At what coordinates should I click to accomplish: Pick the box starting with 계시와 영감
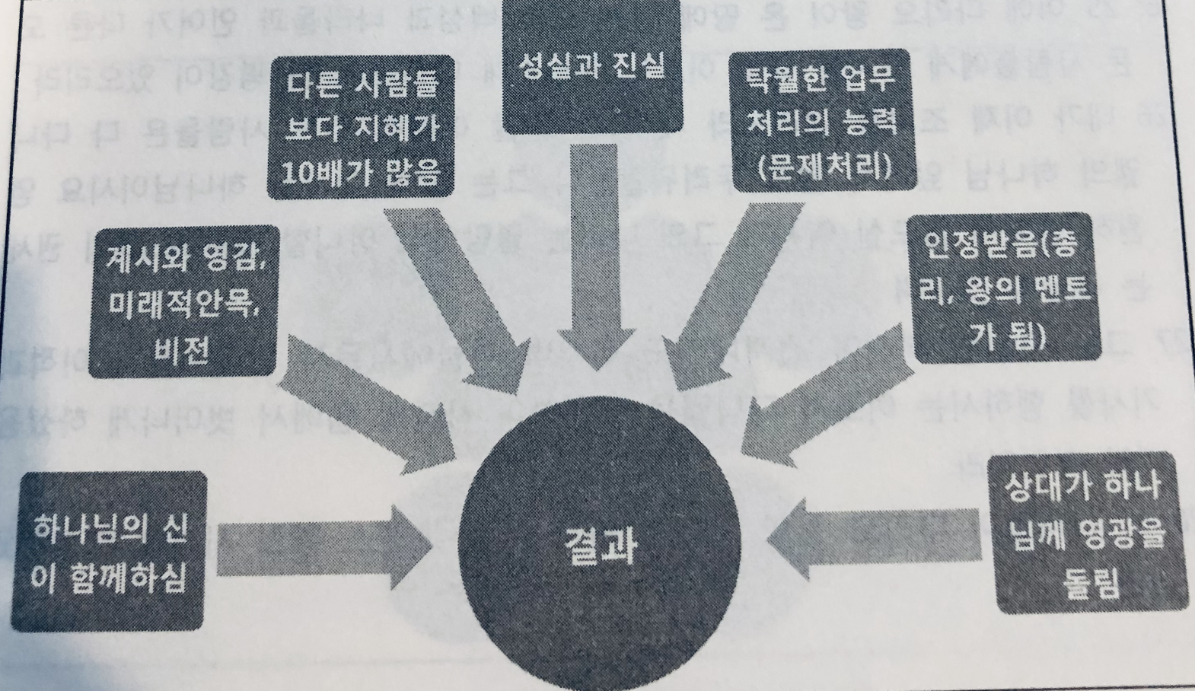(x=182, y=301)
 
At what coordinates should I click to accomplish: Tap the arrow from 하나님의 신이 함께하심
(x=320, y=548)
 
